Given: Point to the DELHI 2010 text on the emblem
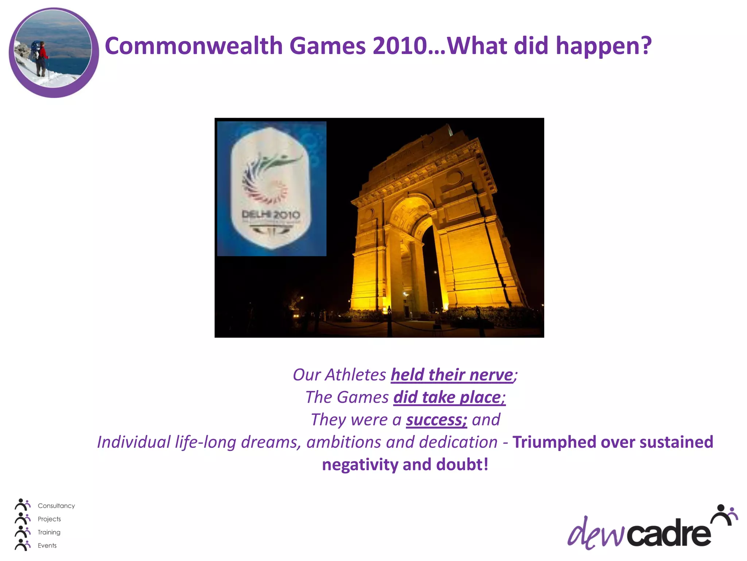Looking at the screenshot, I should click(271, 215).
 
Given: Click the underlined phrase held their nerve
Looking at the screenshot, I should click(452, 375).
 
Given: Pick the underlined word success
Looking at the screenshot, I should click(436, 420).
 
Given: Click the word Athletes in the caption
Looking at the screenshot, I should click(355, 375).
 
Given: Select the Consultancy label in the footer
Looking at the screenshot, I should click(56, 506).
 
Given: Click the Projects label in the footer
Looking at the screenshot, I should click(49, 519).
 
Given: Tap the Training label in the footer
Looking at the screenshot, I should click(49, 532).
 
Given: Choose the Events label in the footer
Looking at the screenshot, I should click(47, 545).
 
